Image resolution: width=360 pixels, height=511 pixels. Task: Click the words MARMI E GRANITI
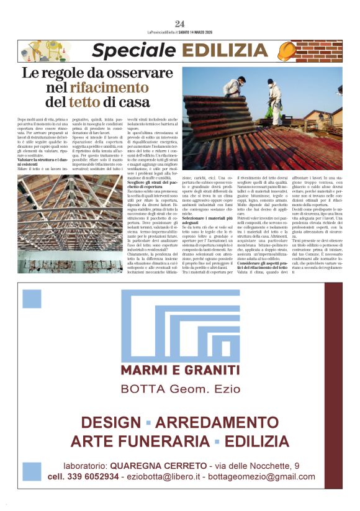[x=180, y=371]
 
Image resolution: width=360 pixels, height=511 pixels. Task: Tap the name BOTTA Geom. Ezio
[x=180, y=389]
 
